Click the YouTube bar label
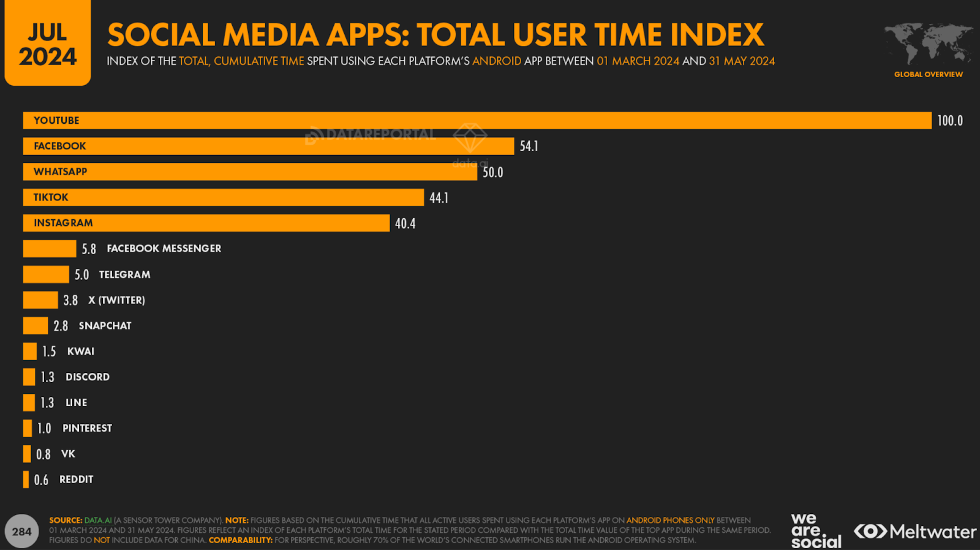[56, 121]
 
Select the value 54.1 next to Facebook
[529, 146]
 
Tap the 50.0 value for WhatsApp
[492, 173]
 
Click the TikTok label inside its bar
[51, 197]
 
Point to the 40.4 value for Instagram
[405, 224]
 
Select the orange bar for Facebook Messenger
[49, 249]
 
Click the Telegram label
[124, 275]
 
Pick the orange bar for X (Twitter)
[40, 300]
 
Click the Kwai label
[80, 352]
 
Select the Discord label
[87, 377]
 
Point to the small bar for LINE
[29, 402]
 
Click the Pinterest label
[87, 428]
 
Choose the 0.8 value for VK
[43, 454]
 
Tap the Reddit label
[76, 480]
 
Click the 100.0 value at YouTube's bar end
[949, 121]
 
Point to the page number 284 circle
[21, 532]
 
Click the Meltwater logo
[915, 531]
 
